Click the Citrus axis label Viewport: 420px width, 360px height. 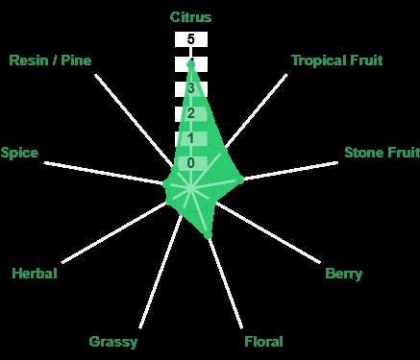pyautogui.click(x=190, y=17)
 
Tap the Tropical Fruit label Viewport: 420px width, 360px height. pyautogui.click(x=337, y=60)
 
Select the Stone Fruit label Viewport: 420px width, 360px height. pyautogui.click(x=383, y=153)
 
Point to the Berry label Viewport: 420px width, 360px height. pyautogui.click(x=343, y=274)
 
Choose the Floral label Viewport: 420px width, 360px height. pyautogui.click(x=263, y=342)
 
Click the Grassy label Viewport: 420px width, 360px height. pyautogui.click(x=113, y=342)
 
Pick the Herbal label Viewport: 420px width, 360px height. pyautogui.click(x=35, y=274)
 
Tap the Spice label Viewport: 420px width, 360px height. pyautogui.click(x=19, y=153)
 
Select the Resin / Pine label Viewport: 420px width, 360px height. pyautogui.click(x=50, y=60)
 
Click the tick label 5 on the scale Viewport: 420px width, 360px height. pyautogui.click(x=191, y=39)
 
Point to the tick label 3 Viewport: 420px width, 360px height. pyautogui.click(x=191, y=88)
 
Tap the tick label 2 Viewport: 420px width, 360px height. pyautogui.click(x=191, y=113)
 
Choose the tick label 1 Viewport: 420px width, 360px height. pyautogui.click(x=191, y=138)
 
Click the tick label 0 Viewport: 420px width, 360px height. pyautogui.click(x=191, y=163)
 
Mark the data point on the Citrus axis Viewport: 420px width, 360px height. pyautogui.click(x=191, y=64)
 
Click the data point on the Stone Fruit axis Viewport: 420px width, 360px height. pyautogui.click(x=240, y=180)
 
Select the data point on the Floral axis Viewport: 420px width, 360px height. pyautogui.click(x=209, y=236)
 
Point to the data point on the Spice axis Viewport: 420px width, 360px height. pyautogui.click(x=165, y=184)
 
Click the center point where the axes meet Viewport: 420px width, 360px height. pyautogui.click(x=191, y=189)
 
